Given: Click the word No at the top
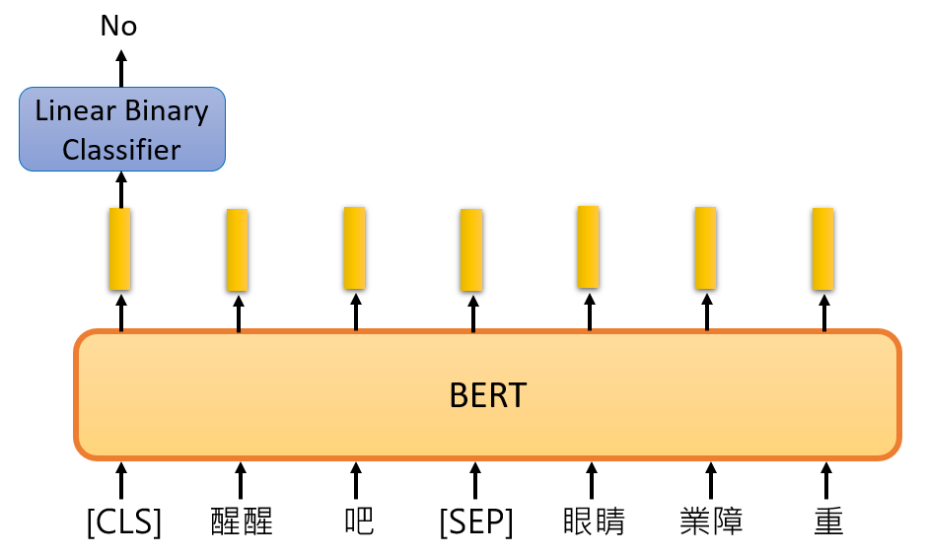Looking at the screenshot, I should point(118,27).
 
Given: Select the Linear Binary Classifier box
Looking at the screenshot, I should point(122,129).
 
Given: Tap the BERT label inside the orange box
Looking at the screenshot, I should point(487,396).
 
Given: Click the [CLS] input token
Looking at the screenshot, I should point(124,521).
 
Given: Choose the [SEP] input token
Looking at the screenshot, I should point(476,521).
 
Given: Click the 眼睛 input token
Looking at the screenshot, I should point(594,521).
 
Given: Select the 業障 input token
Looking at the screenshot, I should point(711,521).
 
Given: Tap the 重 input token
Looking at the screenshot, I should point(828,521).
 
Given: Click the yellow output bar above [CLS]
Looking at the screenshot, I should point(120,248).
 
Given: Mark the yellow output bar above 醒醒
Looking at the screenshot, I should point(237,249).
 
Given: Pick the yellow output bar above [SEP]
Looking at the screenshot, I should point(471,249).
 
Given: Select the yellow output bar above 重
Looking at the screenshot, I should point(822,248).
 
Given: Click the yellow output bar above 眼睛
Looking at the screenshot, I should point(588,246).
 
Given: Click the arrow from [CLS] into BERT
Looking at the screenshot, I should point(121,480).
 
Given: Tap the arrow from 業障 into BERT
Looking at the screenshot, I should point(709,480).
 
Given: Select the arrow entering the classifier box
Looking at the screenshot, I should point(121,188).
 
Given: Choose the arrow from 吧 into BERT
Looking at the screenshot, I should point(356,480).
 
